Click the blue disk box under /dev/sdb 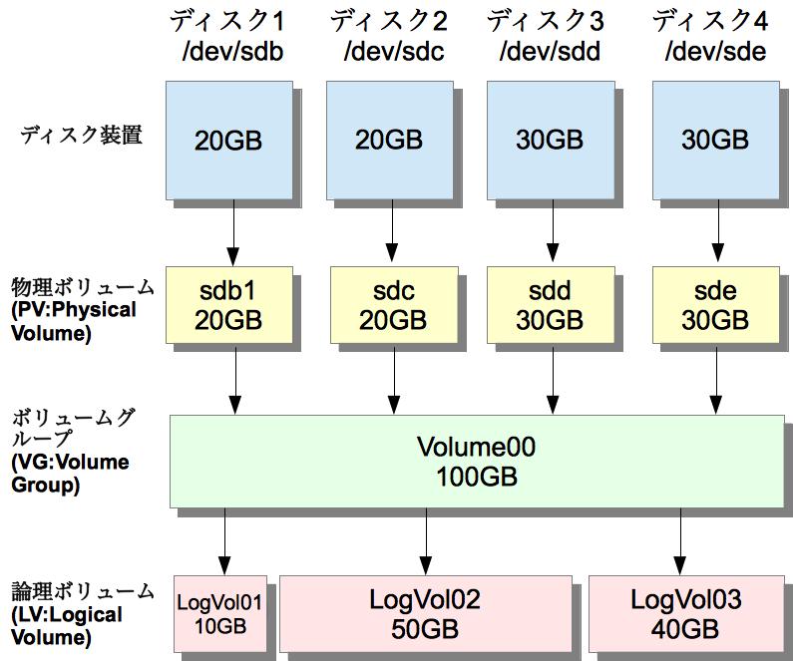pos(228,140)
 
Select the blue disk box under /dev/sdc pos(389,140)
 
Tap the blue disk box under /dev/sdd pos(550,140)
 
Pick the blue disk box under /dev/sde pos(714,140)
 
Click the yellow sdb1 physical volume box pos(228,305)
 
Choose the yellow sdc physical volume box pos(389,305)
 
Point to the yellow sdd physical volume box pos(550,305)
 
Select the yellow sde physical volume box pos(714,305)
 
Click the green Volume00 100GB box pos(476,461)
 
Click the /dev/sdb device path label pos(232,52)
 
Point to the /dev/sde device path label pos(715,52)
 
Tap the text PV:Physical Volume pos(74,321)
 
